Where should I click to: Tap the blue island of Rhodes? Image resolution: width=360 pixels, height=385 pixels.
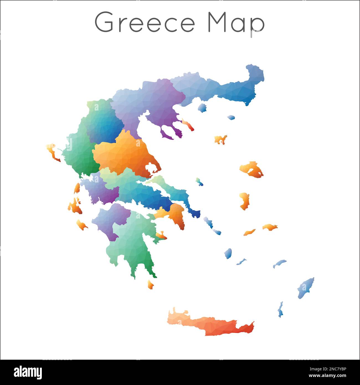(306, 288)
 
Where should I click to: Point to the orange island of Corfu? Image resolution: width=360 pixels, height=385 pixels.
(53, 152)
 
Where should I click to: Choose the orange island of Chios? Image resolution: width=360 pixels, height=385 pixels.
(244, 201)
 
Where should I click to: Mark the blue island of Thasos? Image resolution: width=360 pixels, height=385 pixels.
(202, 108)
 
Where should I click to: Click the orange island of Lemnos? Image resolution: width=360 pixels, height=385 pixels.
(220, 140)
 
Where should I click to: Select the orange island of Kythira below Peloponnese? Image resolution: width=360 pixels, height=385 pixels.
(150, 284)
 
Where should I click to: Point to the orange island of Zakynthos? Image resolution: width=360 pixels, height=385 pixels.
(82, 225)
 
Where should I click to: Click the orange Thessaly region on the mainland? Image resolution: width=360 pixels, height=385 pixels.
(125, 155)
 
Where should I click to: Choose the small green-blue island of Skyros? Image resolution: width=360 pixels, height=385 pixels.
(199, 182)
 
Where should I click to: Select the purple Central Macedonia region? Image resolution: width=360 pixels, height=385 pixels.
(155, 105)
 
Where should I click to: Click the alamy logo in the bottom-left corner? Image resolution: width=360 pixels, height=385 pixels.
(28, 373)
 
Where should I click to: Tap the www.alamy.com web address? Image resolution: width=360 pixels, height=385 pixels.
(328, 376)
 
